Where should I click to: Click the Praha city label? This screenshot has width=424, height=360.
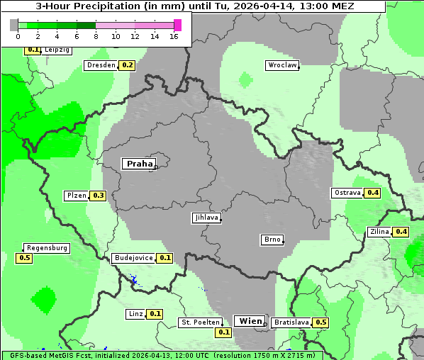139,164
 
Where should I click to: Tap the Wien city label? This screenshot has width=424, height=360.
250,321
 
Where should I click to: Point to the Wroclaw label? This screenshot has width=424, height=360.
282,65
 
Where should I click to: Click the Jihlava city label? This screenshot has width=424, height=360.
206,218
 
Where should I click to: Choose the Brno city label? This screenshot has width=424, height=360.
272,240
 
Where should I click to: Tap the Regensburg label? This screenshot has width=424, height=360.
47,248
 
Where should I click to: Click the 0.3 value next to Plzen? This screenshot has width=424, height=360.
98,196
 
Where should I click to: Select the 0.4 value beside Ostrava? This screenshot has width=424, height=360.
373,193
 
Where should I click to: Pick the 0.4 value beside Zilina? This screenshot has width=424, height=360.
401,232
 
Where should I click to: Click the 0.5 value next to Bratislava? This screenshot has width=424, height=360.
321,322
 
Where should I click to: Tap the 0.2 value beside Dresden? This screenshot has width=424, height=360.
128,65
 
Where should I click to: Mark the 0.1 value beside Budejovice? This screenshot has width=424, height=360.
165,258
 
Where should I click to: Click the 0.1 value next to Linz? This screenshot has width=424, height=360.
155,314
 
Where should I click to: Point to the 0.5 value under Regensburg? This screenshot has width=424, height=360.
24,258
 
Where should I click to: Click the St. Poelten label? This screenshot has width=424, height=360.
201,322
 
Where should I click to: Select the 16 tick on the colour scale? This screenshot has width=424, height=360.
174,35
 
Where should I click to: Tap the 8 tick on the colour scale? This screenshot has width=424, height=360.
96,35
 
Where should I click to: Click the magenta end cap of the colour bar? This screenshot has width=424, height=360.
177,25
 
